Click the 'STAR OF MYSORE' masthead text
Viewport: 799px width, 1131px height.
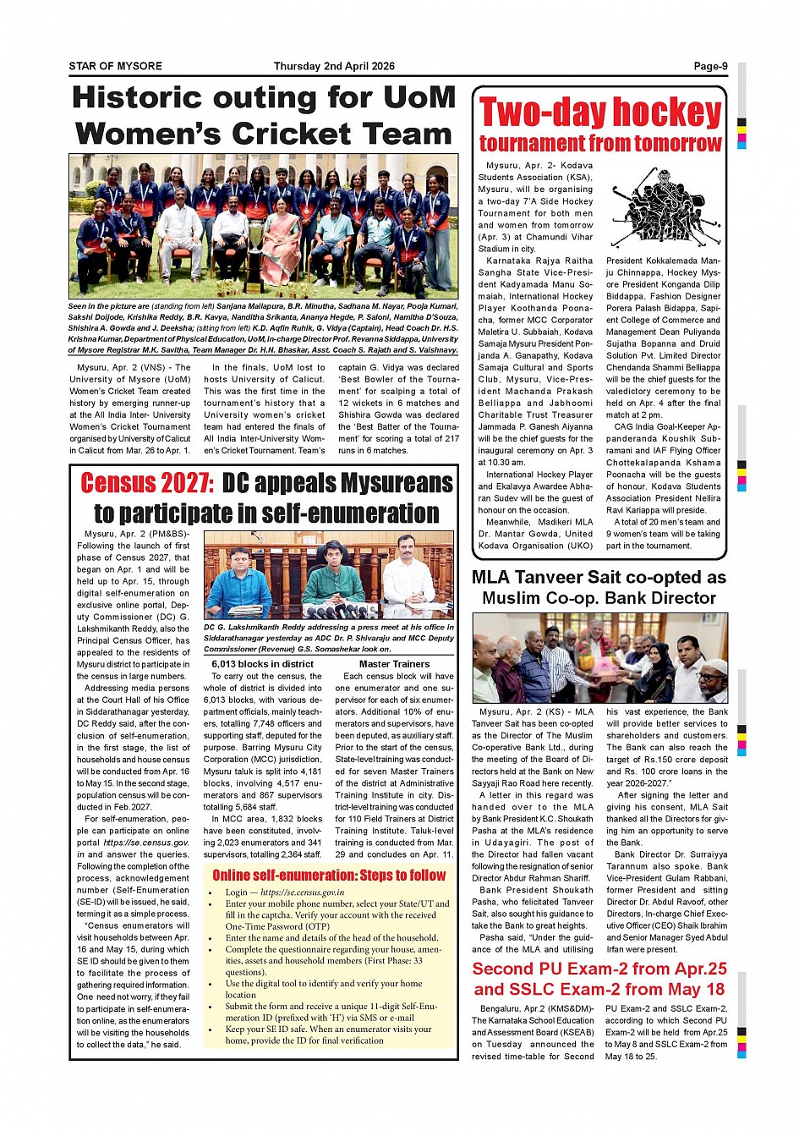115,66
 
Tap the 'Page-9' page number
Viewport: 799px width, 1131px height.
710,66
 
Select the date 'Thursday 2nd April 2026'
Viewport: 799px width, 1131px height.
334,66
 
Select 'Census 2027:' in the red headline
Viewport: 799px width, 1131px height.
147,483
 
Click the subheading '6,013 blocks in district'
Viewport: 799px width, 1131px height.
262,664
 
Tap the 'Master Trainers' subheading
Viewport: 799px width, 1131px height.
394,664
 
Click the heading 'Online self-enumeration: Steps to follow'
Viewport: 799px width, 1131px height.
329,875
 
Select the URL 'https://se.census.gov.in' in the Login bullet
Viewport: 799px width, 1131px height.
302,892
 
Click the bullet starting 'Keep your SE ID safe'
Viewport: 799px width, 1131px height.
328,1035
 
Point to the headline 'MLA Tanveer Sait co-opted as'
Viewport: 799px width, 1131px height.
599,578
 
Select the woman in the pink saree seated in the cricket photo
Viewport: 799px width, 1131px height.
280,242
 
